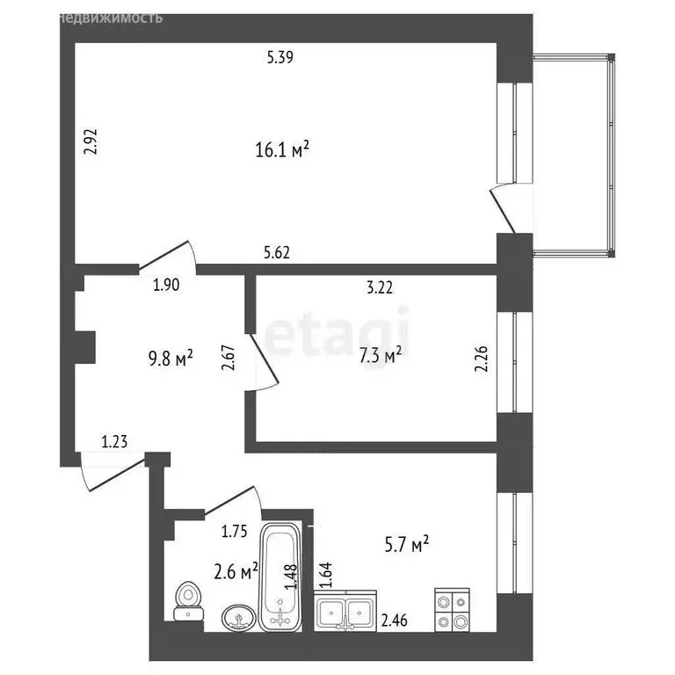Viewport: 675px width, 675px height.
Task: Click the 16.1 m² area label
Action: tap(281, 150)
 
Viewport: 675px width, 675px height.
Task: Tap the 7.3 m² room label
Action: tap(381, 354)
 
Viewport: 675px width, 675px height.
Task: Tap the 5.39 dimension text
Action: tap(279, 59)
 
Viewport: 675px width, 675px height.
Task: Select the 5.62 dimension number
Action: tap(278, 253)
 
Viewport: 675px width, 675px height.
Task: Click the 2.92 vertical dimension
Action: tap(89, 142)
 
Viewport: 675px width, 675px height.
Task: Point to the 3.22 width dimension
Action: tap(380, 286)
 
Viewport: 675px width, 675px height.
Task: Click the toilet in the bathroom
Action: tap(188, 603)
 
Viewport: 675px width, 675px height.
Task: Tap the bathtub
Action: tap(280, 577)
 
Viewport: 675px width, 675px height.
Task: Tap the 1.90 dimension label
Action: tap(167, 285)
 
